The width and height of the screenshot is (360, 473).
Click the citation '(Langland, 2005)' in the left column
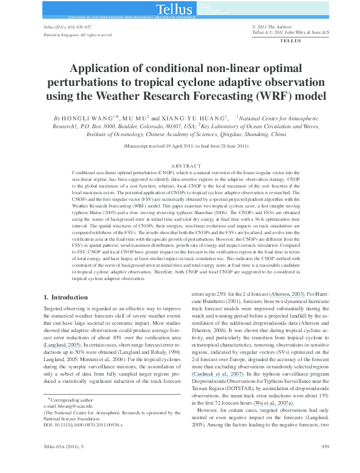click(x=65, y=345)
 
